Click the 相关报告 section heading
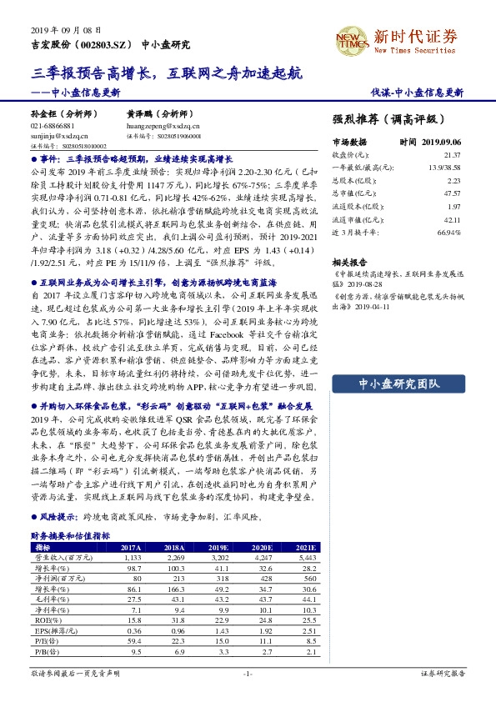click(351, 261)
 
